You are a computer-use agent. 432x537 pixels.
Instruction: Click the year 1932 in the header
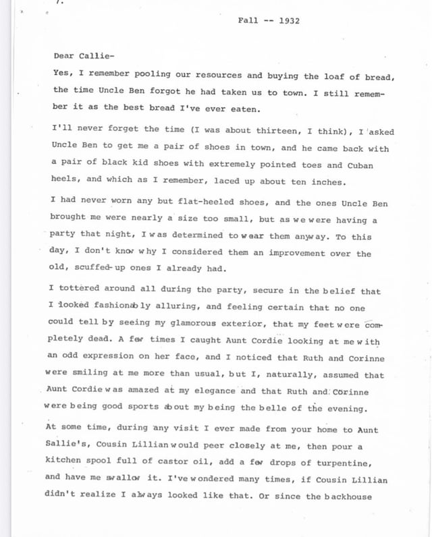(x=288, y=21)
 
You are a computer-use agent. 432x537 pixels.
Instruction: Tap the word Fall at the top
(x=248, y=21)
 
